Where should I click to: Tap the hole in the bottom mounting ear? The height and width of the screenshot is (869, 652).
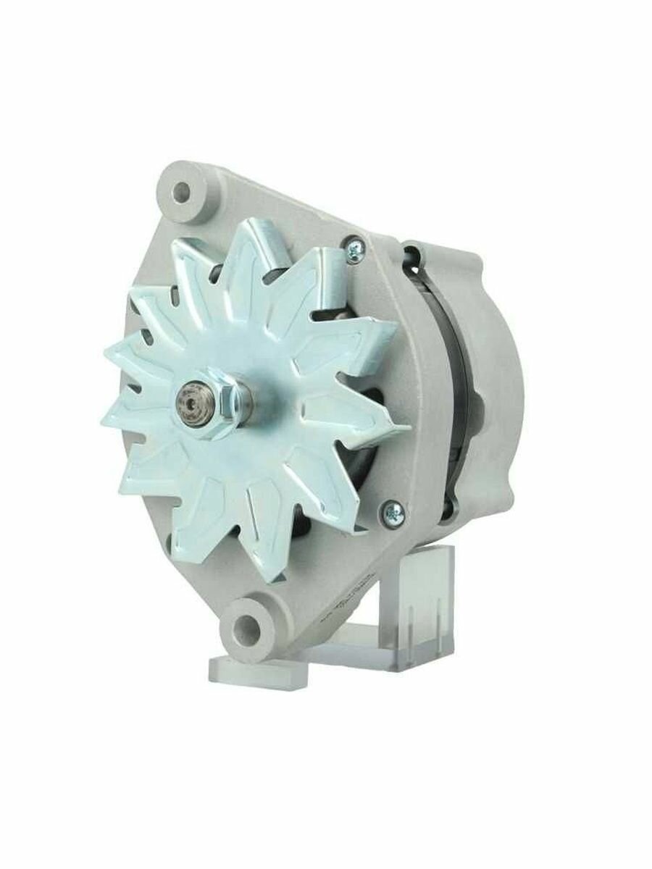click(250, 624)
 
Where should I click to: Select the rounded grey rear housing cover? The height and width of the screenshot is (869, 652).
click(500, 377)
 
